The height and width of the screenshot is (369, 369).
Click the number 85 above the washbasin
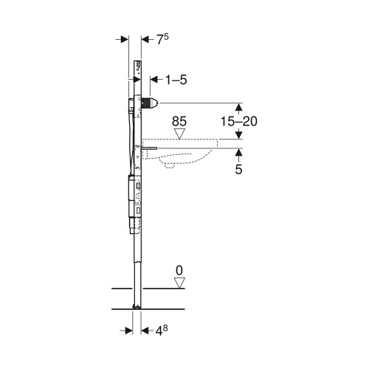pyautogui.click(x=180, y=120)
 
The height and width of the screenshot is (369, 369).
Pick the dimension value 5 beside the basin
pyautogui.click(x=239, y=169)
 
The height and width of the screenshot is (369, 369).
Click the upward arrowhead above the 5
pyautogui.click(x=239, y=151)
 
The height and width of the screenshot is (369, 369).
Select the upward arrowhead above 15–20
pyautogui.click(x=239, y=106)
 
